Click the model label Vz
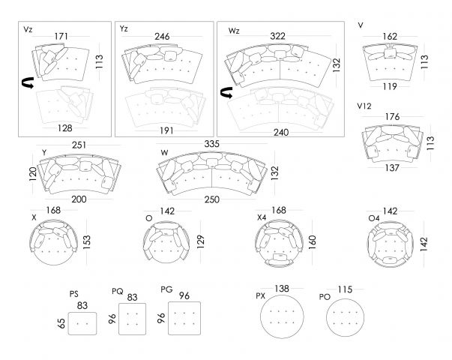coord(28,29)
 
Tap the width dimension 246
coord(167,35)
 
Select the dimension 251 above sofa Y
coord(79,145)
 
